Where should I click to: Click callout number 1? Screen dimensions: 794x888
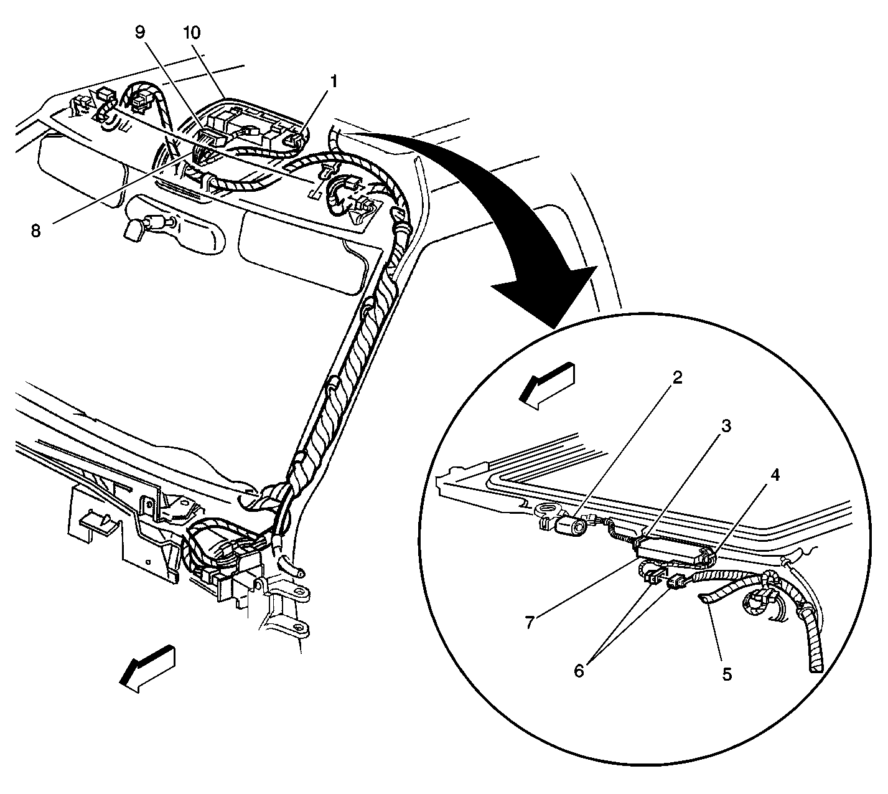[x=334, y=80]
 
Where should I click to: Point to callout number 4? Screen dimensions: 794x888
[x=775, y=475]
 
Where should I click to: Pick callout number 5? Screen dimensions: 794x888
[x=726, y=673]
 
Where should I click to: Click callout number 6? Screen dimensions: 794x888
[x=579, y=671]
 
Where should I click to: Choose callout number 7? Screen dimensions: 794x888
[x=530, y=622]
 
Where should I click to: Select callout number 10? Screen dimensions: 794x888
[x=193, y=32]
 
